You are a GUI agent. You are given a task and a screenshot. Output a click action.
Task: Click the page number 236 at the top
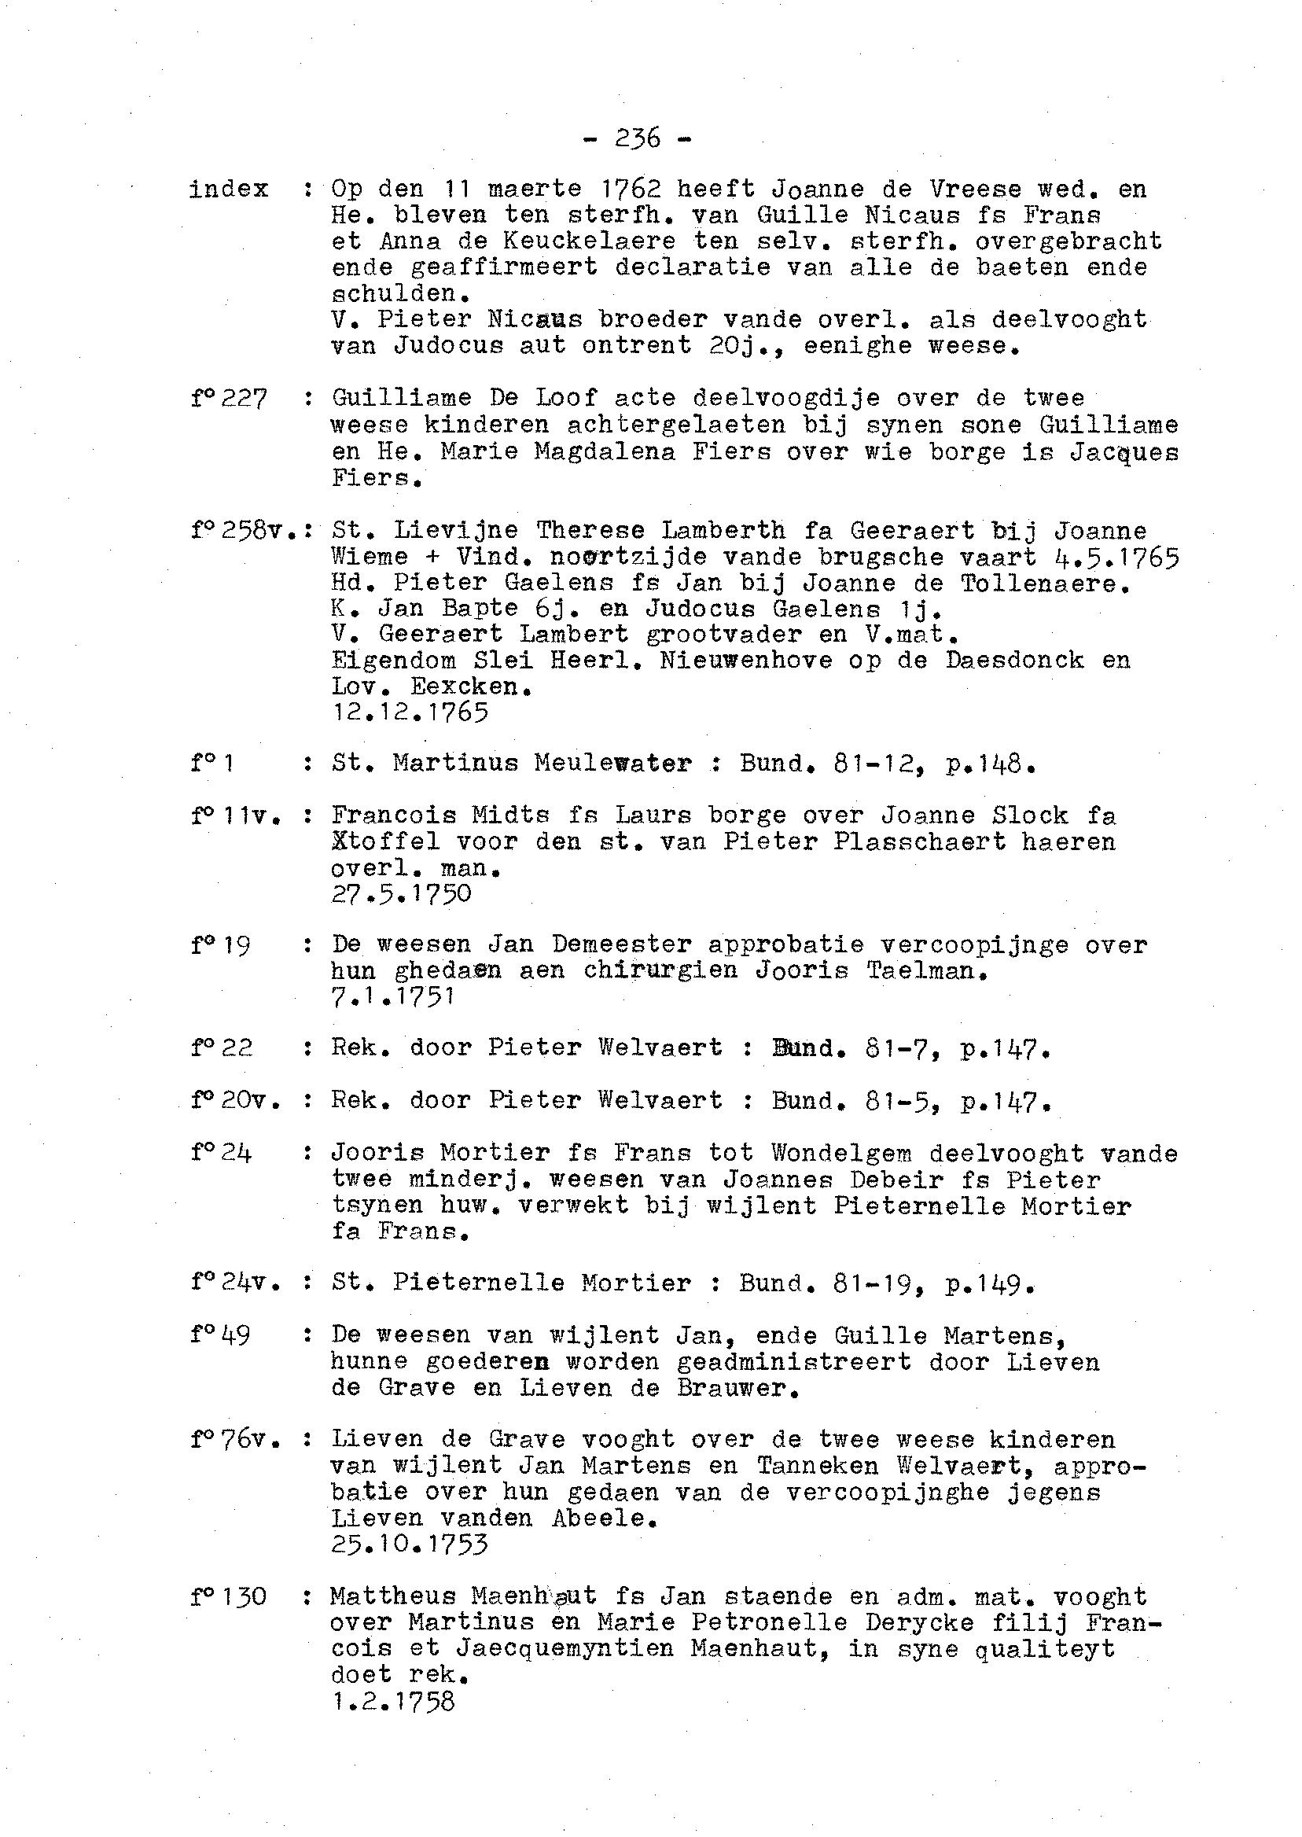[x=638, y=138]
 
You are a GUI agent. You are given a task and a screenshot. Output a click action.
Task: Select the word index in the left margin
[x=229, y=190]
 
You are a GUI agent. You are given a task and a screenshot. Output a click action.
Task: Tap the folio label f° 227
[x=229, y=399]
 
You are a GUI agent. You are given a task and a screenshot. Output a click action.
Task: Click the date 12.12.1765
[x=409, y=712]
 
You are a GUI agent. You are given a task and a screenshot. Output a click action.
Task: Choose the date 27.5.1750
[x=401, y=894]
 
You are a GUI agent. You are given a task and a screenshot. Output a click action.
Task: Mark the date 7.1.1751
[x=393, y=996]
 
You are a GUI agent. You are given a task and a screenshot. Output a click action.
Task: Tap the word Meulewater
[x=612, y=763]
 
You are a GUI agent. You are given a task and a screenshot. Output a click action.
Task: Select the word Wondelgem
[x=841, y=1154]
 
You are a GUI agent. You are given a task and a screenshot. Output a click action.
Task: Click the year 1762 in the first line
[x=631, y=190]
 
